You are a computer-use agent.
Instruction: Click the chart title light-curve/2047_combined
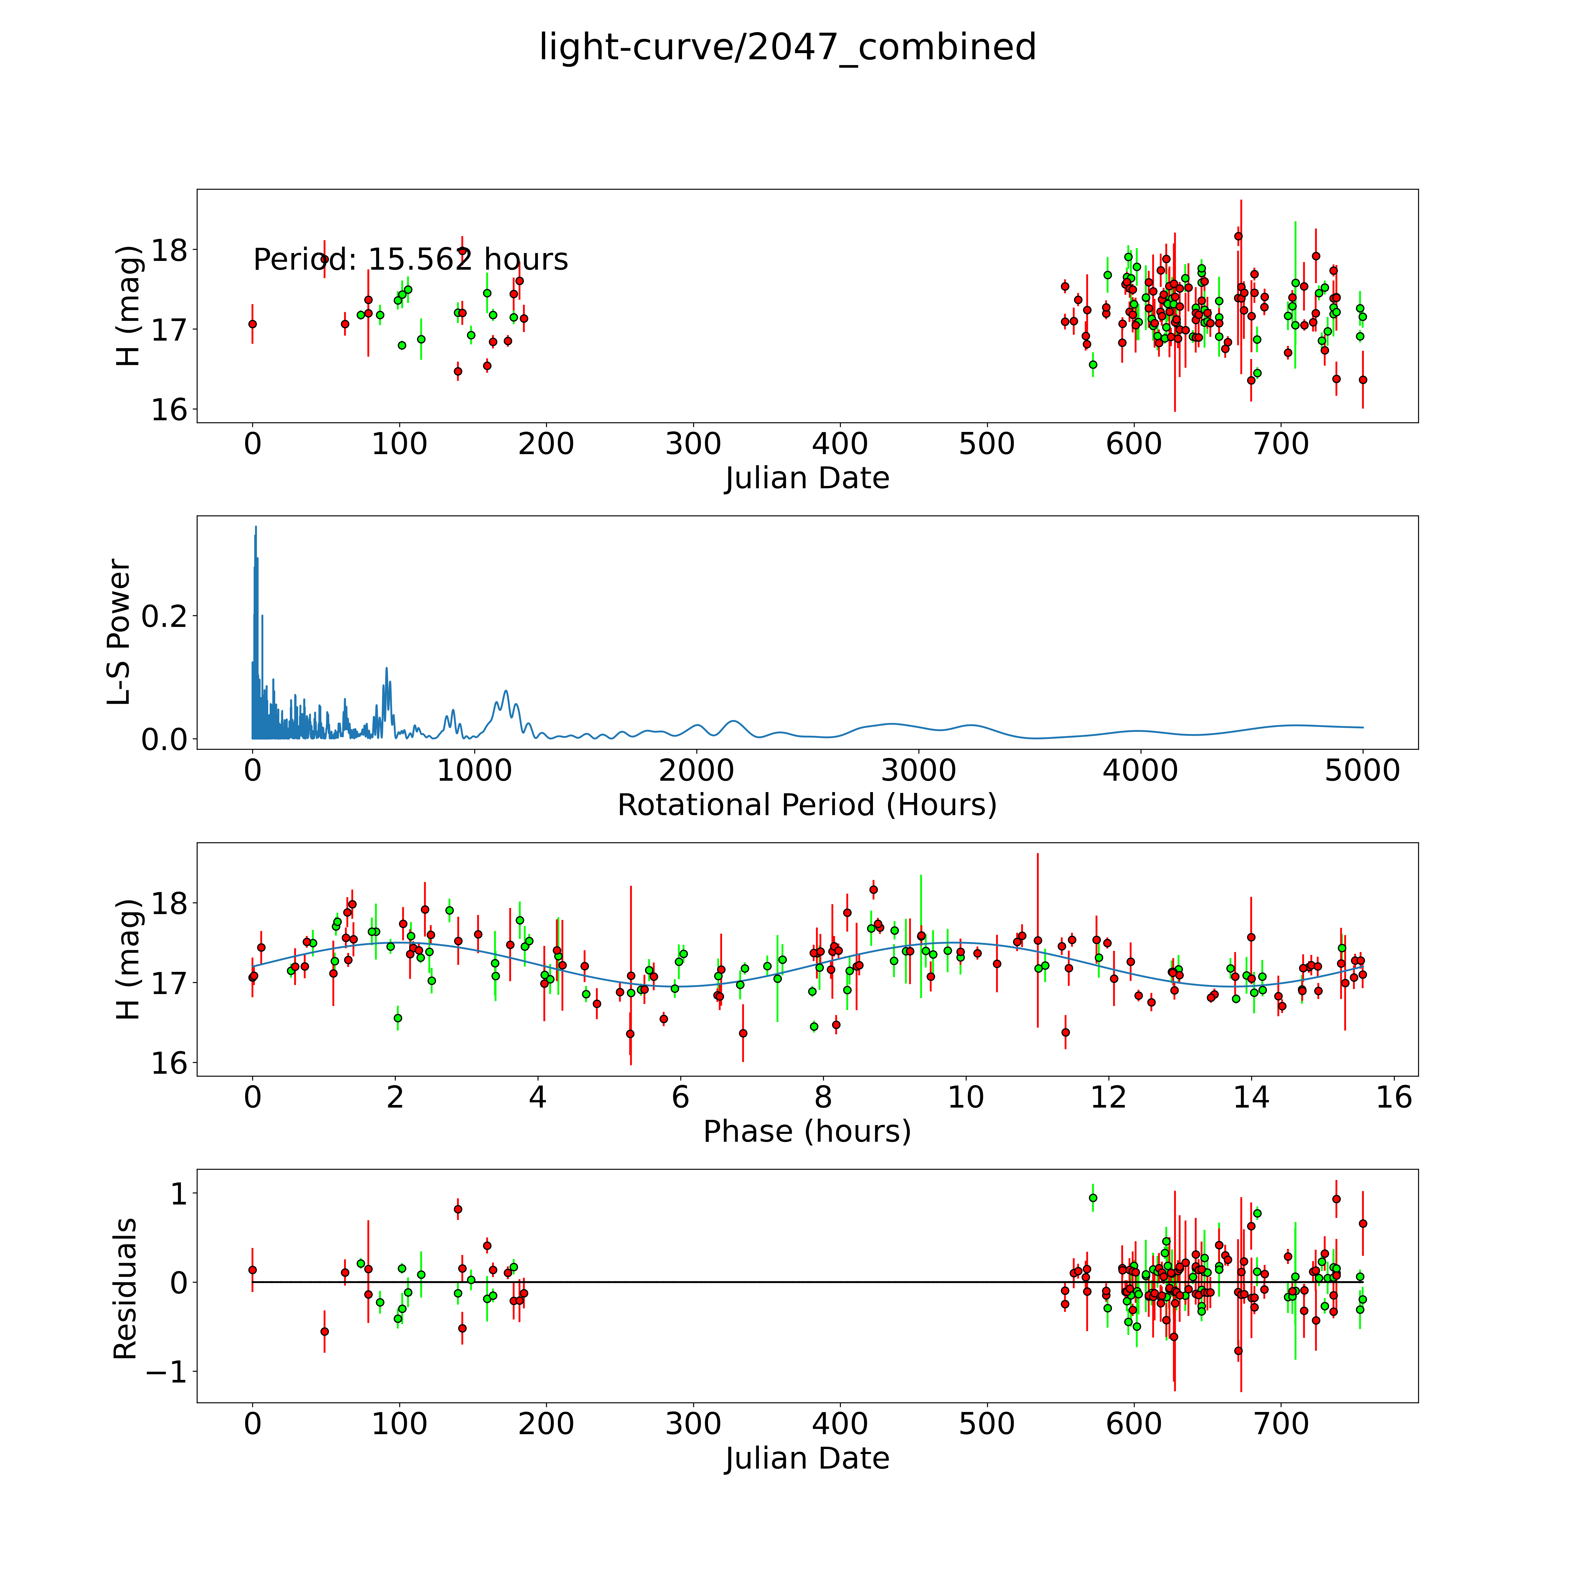click(787, 47)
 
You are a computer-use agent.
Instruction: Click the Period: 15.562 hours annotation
click(410, 259)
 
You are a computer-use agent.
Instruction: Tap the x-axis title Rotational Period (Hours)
click(807, 805)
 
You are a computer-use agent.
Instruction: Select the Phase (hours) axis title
click(807, 1132)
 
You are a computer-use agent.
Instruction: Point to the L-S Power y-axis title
click(119, 632)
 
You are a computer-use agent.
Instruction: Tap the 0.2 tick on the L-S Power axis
click(164, 616)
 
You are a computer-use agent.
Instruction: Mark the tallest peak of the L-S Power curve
click(255, 527)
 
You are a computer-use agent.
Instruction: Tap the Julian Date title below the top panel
click(807, 478)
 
